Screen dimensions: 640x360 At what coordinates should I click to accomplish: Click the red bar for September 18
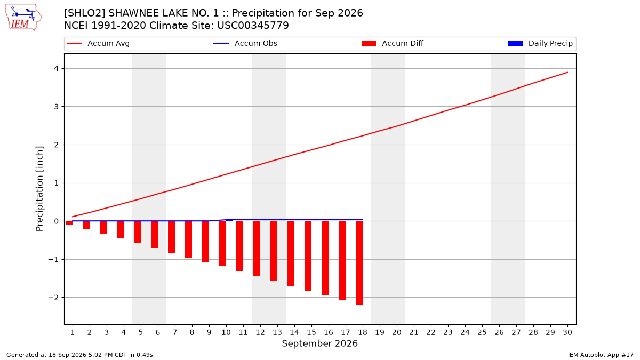[x=359, y=263]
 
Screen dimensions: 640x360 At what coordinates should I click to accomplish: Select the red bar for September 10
[x=222, y=243]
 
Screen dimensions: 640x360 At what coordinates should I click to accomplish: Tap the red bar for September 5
[x=137, y=232]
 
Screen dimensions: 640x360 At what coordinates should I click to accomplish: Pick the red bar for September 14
[x=291, y=254]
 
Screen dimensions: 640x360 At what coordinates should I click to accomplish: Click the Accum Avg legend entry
[x=98, y=43]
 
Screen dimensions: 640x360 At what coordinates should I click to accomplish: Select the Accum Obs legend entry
[x=245, y=43]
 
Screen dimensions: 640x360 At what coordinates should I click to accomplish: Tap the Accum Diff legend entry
[x=393, y=43]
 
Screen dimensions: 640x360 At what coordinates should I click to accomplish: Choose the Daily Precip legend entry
[x=540, y=43]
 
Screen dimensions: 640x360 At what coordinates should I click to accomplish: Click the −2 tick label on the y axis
[x=53, y=298]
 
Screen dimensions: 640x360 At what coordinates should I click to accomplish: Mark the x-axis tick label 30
[x=567, y=332]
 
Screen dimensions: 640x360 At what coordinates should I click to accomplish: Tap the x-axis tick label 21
[x=414, y=332]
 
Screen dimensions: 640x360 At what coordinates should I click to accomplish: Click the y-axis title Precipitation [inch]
[x=39, y=189]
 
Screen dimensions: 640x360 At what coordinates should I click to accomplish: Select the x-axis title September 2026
[x=319, y=343]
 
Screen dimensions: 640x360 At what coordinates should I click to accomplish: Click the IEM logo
[x=23, y=18]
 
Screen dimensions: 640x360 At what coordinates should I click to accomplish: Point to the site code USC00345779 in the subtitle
[x=253, y=26]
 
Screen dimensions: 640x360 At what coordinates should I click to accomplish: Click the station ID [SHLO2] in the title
[x=85, y=13]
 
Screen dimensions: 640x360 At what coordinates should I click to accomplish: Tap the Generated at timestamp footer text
[x=79, y=355]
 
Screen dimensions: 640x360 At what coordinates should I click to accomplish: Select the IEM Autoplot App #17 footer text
[x=601, y=355]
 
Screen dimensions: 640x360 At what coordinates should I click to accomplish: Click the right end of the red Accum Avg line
[x=567, y=73]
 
